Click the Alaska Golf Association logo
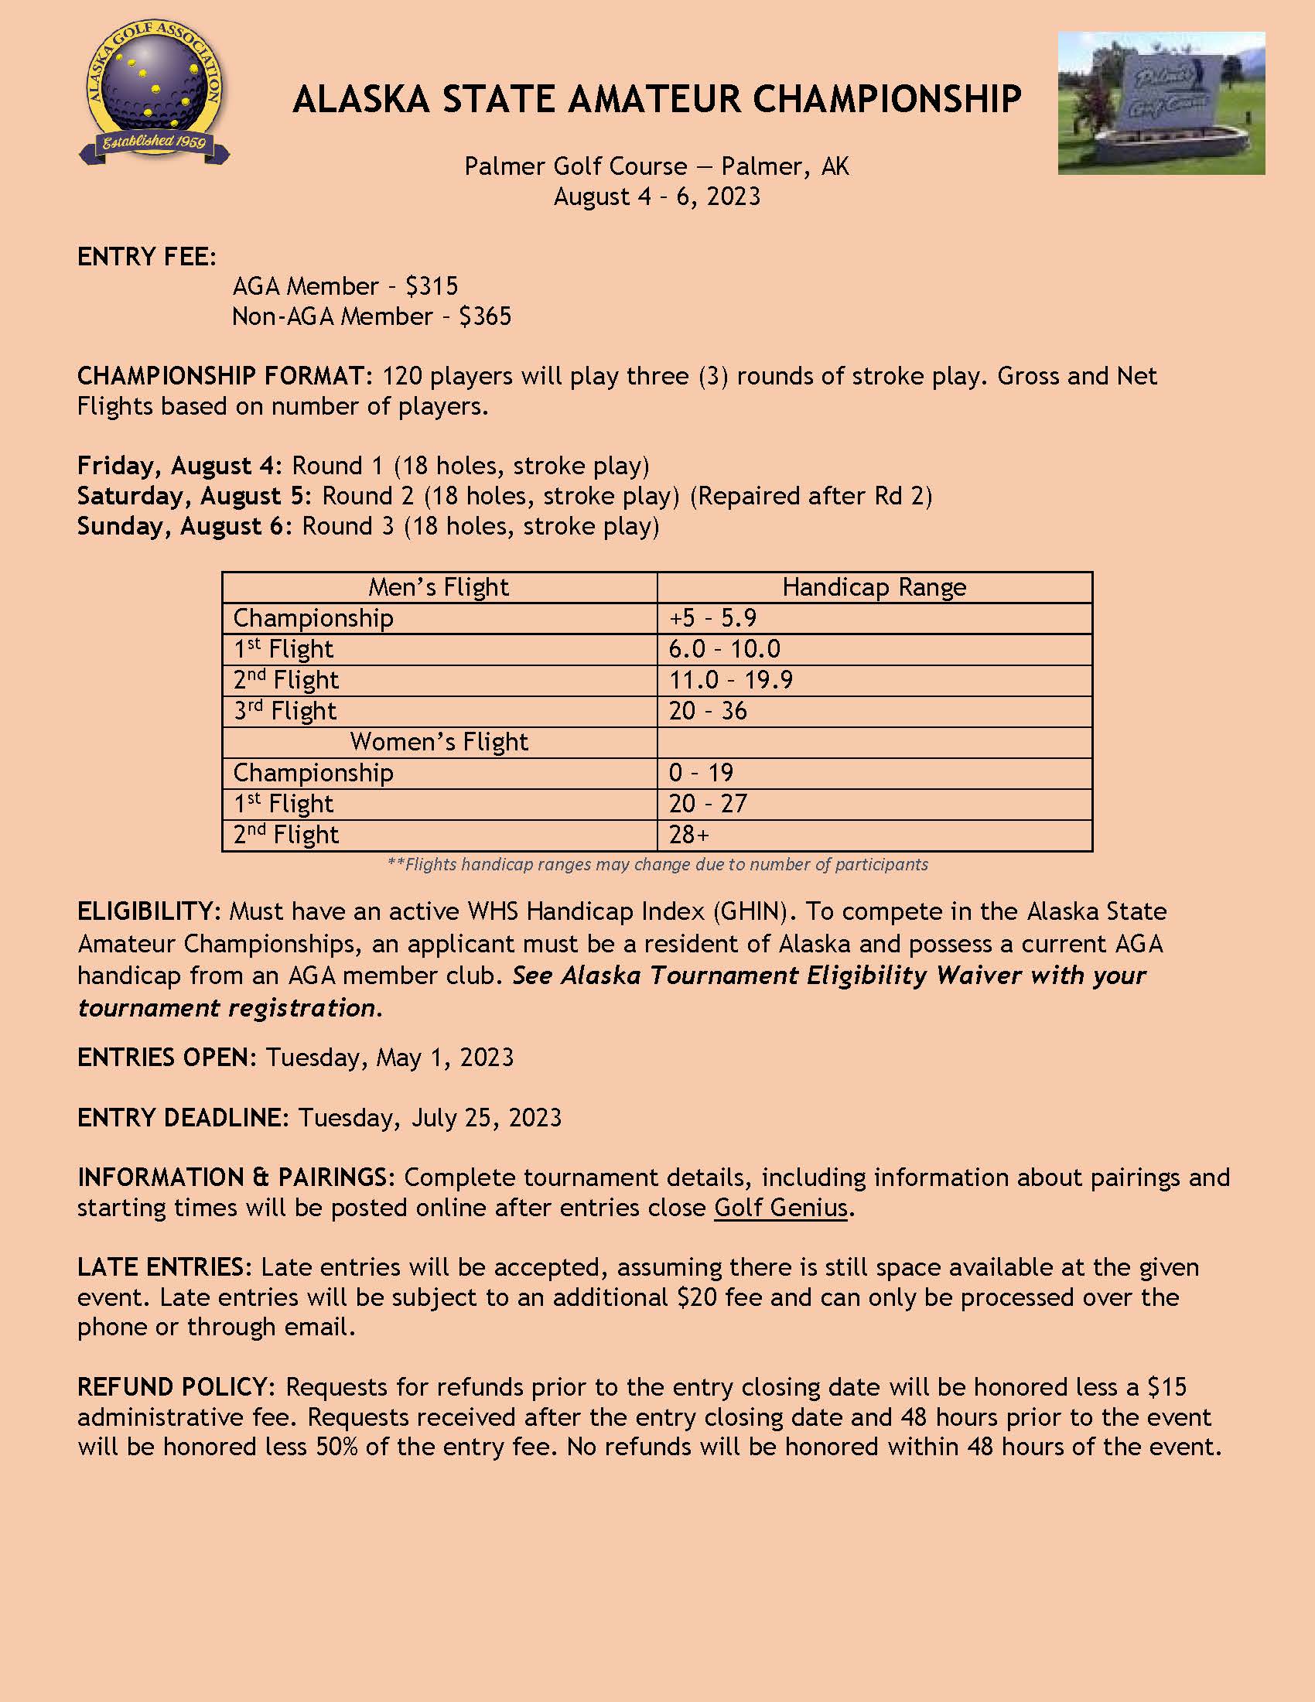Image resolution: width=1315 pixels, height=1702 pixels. (x=154, y=92)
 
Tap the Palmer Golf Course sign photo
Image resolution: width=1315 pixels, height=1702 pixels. (x=1161, y=103)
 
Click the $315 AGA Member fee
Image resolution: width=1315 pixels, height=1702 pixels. (x=432, y=287)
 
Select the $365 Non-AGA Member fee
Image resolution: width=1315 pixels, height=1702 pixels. (x=484, y=317)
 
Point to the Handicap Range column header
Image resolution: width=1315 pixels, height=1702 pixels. (x=874, y=588)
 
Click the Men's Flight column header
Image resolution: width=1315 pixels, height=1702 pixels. (x=439, y=588)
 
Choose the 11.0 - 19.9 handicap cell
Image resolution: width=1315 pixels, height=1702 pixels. (x=731, y=680)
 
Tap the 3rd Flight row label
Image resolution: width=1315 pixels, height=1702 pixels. (x=285, y=712)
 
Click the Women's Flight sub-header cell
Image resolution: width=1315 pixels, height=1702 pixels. (x=439, y=742)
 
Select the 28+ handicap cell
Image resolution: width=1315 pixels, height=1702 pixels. (x=688, y=836)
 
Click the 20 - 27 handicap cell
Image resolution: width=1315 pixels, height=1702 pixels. (x=707, y=805)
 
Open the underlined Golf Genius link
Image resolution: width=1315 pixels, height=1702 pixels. (x=780, y=1208)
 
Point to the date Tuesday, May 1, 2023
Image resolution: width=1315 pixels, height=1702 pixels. (x=390, y=1058)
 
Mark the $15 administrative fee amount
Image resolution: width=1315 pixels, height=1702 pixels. (x=1167, y=1388)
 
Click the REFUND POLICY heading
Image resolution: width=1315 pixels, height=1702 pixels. (x=176, y=1388)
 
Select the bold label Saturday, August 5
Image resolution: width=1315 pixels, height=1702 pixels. (x=194, y=497)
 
